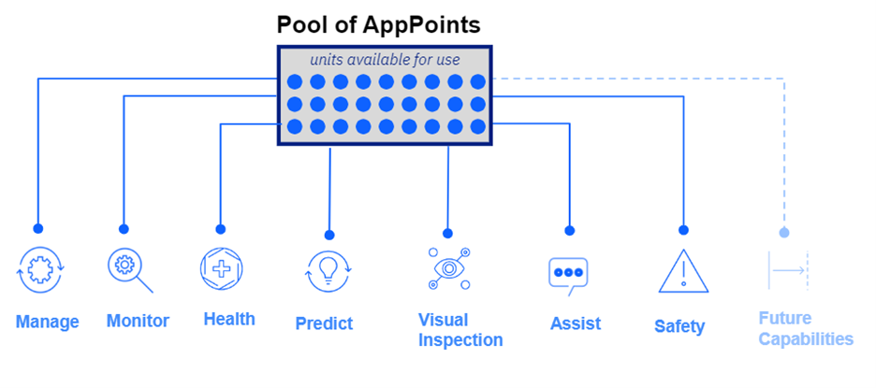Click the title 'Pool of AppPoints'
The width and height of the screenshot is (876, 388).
point(379,24)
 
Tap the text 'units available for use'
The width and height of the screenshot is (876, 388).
point(385,59)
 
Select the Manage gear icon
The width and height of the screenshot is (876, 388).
point(41,269)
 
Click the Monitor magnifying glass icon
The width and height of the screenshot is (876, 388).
point(129,270)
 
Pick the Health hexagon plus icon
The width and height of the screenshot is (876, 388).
point(221,269)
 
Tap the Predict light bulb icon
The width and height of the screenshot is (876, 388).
point(328,272)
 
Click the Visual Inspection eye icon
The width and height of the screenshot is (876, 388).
point(448,268)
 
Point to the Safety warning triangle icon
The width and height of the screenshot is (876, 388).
point(683,272)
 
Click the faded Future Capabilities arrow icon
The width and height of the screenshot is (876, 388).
point(788,271)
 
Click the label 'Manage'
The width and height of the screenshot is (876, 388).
point(48,323)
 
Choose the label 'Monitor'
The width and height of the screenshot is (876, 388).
point(138,321)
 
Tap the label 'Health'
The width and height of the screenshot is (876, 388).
point(229,320)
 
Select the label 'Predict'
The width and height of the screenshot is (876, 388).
point(324,323)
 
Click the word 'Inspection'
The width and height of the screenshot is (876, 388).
point(460,340)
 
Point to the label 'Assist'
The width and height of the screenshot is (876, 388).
point(576,323)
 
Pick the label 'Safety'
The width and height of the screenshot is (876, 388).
point(679,326)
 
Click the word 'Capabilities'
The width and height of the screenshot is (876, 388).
point(806,338)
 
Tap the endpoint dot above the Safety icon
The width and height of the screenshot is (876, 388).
point(683,230)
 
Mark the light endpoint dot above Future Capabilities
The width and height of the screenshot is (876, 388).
point(784,232)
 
